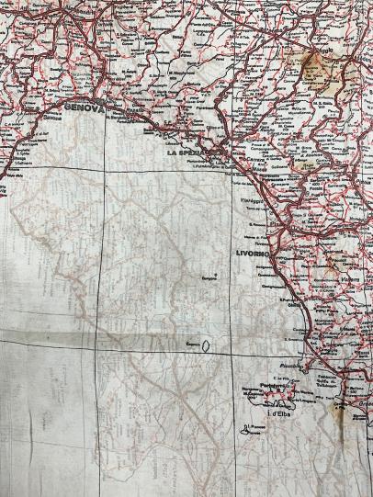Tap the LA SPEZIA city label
[187, 153]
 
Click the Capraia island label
[193, 345]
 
